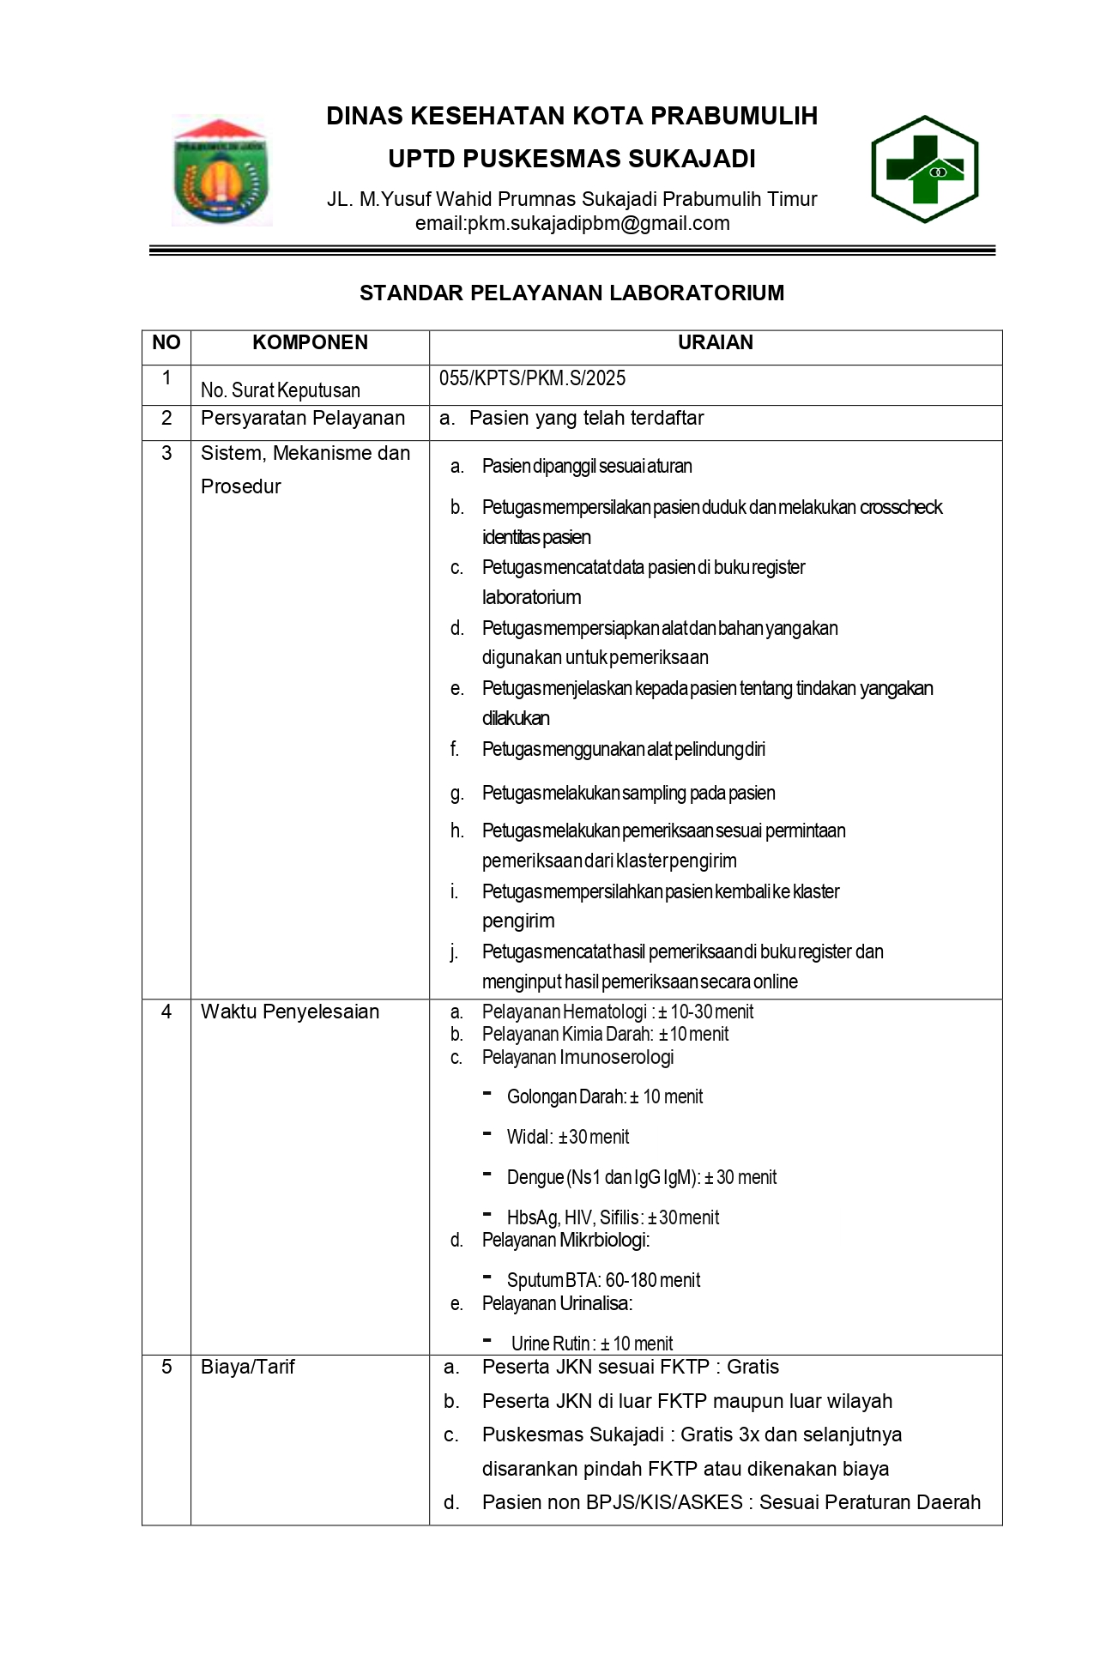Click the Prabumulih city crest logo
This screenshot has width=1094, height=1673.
[221, 172]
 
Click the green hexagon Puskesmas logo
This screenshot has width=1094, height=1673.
[925, 170]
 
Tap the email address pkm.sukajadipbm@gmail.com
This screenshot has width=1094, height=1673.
[572, 224]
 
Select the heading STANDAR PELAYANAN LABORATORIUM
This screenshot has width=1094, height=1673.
[571, 293]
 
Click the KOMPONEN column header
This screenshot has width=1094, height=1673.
[310, 343]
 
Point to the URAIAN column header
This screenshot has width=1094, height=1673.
[715, 343]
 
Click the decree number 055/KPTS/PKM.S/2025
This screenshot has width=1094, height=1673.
[532, 378]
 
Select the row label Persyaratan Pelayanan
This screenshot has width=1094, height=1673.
[302, 419]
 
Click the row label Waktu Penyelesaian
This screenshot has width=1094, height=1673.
[290, 1012]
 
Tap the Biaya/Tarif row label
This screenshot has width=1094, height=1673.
[248, 1367]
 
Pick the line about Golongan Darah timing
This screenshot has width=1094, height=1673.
[604, 1096]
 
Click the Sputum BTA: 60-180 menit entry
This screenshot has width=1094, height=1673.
[603, 1280]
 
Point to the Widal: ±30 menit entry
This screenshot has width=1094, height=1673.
[568, 1137]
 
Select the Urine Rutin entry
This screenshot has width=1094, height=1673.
[592, 1344]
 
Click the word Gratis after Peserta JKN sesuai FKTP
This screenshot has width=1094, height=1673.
[753, 1367]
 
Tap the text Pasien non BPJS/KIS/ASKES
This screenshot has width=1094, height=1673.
[612, 1502]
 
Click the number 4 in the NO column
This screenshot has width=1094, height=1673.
[166, 1012]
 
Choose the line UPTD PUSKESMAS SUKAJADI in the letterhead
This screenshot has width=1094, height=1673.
[571, 160]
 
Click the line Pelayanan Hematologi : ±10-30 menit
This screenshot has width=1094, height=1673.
[617, 1012]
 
